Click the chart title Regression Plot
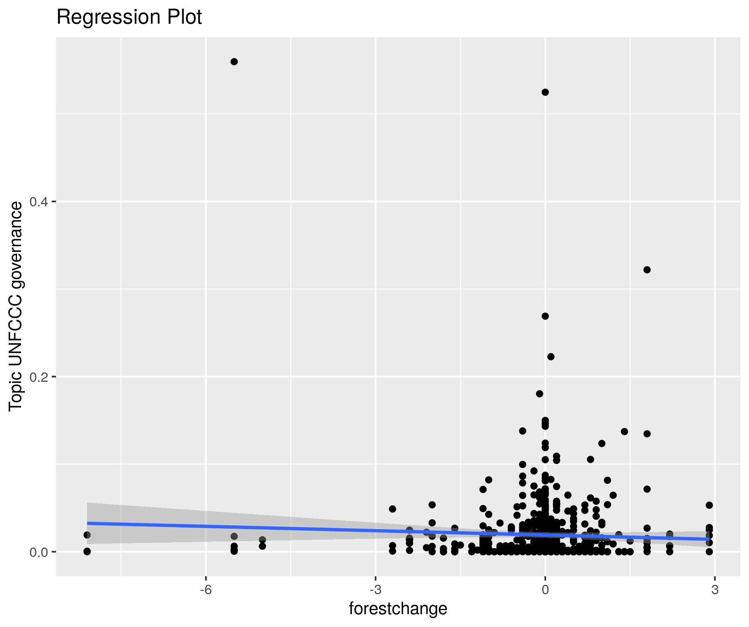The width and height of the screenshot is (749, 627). click(129, 17)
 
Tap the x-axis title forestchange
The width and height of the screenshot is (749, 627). click(398, 609)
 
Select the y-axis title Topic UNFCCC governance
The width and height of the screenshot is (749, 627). click(16, 307)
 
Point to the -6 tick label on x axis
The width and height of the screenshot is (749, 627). click(206, 590)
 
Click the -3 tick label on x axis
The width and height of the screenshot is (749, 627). click(375, 590)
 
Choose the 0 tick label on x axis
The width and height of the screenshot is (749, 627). click(545, 590)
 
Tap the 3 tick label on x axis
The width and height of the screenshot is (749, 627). click(715, 590)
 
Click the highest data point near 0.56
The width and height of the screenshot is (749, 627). click(234, 62)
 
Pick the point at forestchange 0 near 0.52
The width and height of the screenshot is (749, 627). click(545, 92)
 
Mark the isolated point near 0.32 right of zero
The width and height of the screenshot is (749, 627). click(647, 270)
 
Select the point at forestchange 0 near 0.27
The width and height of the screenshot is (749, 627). click(545, 316)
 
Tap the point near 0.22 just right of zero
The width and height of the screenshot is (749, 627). click(551, 357)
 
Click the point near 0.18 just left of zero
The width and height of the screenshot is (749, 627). click(539, 394)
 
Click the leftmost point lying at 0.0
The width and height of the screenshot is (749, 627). click(87, 552)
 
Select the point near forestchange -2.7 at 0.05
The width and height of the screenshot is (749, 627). click(393, 509)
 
